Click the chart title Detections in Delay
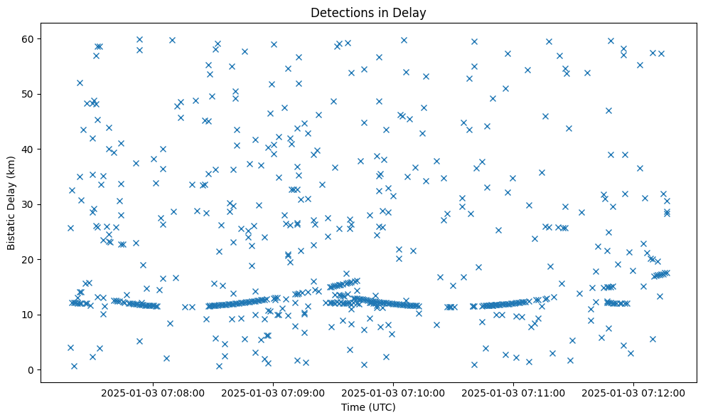pyautogui.click(x=368, y=13)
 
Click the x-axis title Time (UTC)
pyautogui.click(x=368, y=408)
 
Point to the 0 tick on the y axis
pyautogui.click(x=31, y=370)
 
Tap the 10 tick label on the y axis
pyautogui.click(x=28, y=315)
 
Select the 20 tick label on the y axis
pyautogui.click(x=28, y=260)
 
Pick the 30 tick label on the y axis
pyautogui.click(x=28, y=204)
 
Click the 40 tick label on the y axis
pyautogui.click(x=28, y=149)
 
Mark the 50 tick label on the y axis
pyautogui.click(x=28, y=94)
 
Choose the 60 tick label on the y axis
pyautogui.click(x=28, y=38)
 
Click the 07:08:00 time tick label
pyautogui.click(x=153, y=392)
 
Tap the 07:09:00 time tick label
pyautogui.click(x=273, y=392)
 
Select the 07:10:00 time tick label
pyautogui.click(x=393, y=392)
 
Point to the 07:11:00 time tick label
pyautogui.click(x=514, y=392)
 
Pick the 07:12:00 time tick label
pyautogui.click(x=634, y=392)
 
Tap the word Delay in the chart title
pyautogui.click(x=412, y=13)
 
